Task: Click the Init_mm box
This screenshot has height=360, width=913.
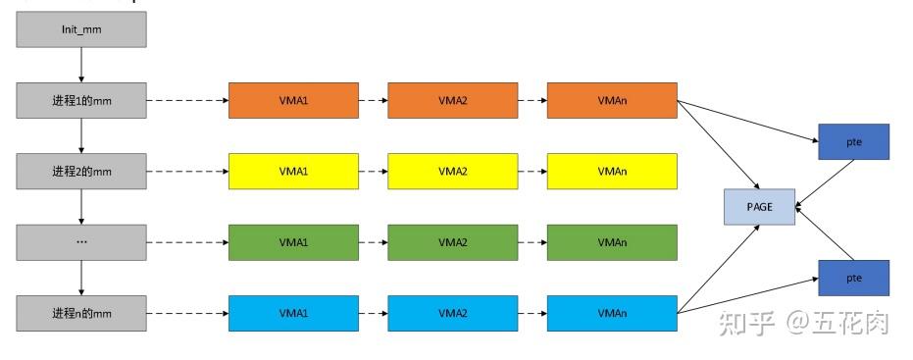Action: [81, 30]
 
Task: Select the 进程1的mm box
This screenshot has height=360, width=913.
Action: [81, 100]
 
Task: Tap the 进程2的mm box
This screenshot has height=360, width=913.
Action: [81, 172]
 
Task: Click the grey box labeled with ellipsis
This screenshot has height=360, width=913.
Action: [81, 242]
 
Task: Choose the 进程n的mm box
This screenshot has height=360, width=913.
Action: [81, 313]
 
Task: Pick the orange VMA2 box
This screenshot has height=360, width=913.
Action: [452, 100]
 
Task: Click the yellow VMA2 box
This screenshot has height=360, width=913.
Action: [452, 172]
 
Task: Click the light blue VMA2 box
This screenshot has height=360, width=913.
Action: [452, 313]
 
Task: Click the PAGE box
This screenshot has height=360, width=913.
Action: [759, 207]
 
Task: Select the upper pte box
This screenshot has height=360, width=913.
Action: [853, 142]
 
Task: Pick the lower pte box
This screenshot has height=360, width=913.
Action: [853, 278]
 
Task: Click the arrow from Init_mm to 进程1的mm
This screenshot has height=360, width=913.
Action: [81, 66]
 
